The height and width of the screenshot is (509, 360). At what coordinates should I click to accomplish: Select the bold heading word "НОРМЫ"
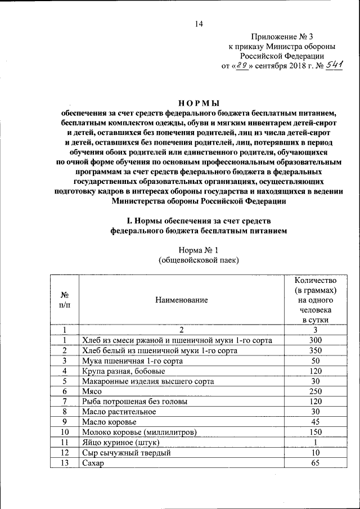pos(198,102)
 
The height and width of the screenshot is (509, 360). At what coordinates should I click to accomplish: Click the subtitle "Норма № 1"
pos(198,250)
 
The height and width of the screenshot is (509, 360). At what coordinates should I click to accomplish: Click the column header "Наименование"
pos(182,300)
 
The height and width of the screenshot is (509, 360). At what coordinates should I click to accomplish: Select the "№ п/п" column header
pos(65,300)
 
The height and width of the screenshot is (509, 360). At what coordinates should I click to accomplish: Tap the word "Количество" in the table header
pos(316,280)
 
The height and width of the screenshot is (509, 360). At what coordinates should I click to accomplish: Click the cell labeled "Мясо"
pos(92,391)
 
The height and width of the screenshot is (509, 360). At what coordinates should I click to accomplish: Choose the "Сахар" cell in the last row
pos(94,463)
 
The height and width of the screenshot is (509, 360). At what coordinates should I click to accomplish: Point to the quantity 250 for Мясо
pos(316,391)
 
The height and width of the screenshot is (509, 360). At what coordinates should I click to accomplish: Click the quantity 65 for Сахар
pos(316,463)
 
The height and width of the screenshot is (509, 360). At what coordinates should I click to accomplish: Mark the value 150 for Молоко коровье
pos(316,432)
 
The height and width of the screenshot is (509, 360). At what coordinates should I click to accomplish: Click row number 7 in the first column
pos(65,401)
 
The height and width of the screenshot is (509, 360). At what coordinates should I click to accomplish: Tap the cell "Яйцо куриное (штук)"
pos(119,442)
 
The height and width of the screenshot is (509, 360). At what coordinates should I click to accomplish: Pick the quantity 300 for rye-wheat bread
pos(316,340)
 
